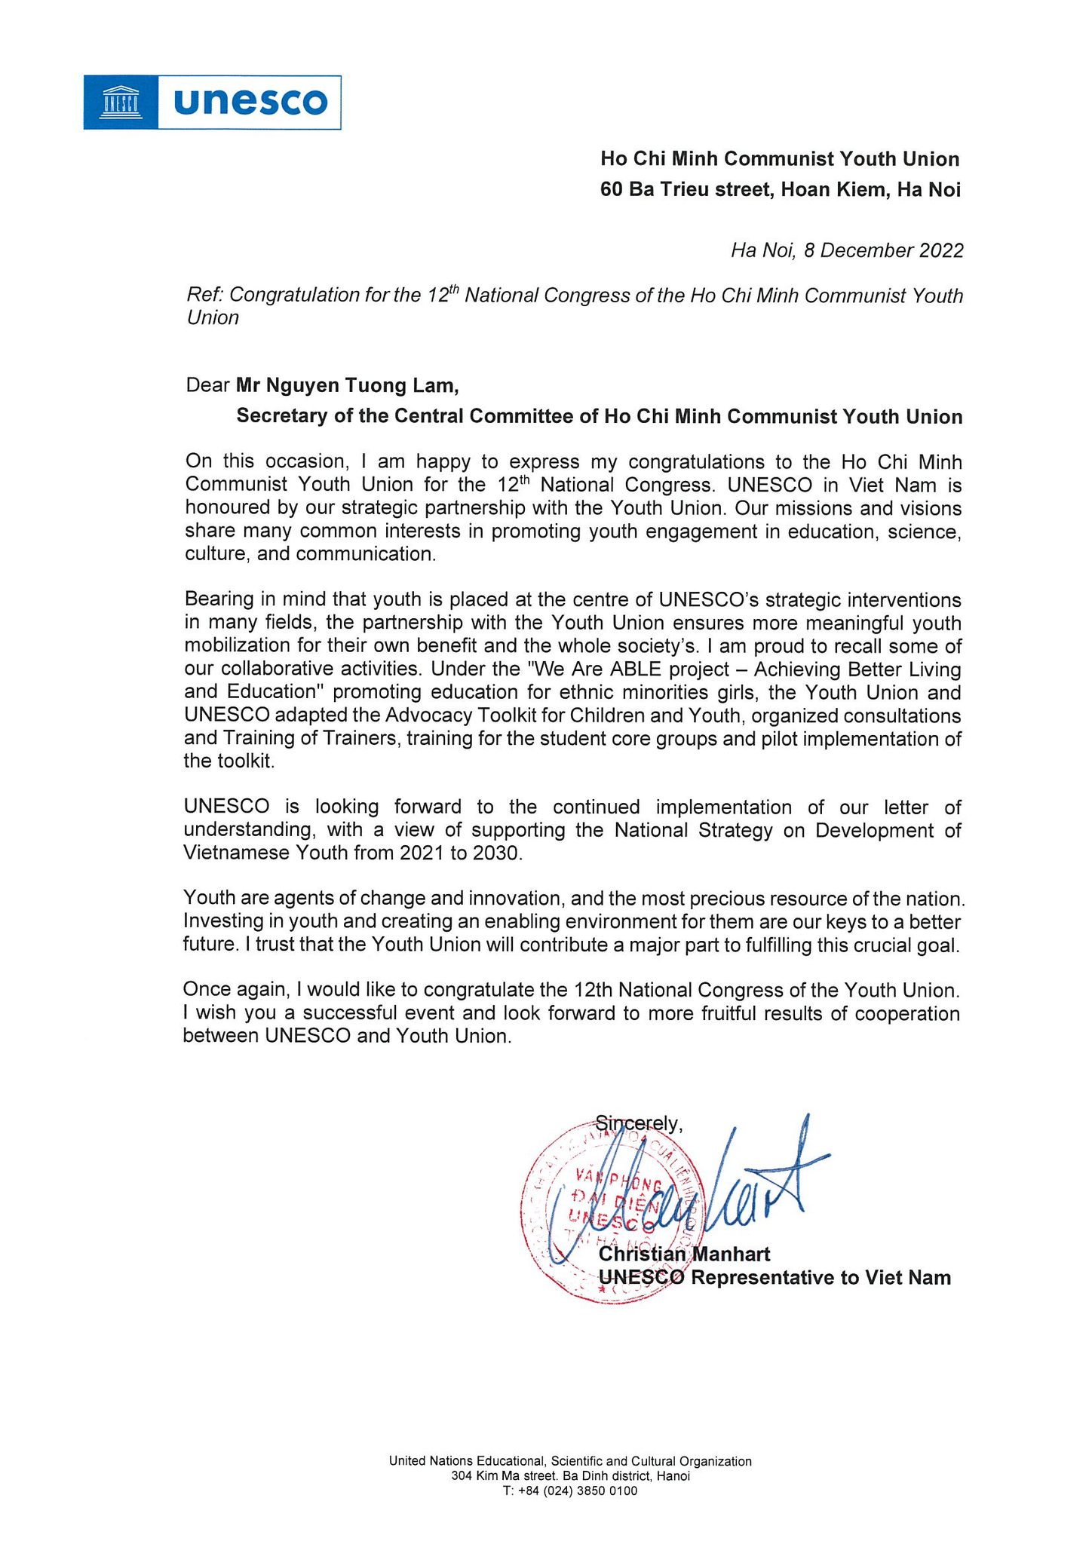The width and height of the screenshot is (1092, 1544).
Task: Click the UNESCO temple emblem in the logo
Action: (121, 103)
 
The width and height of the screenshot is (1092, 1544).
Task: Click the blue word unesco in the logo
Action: (250, 103)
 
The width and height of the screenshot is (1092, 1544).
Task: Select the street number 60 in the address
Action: (612, 189)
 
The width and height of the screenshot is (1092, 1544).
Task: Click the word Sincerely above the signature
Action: (638, 1123)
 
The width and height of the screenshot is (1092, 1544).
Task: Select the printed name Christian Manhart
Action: (684, 1254)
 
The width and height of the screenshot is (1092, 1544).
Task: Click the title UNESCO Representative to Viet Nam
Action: (775, 1278)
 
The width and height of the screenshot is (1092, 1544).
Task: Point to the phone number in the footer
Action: (569, 1491)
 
